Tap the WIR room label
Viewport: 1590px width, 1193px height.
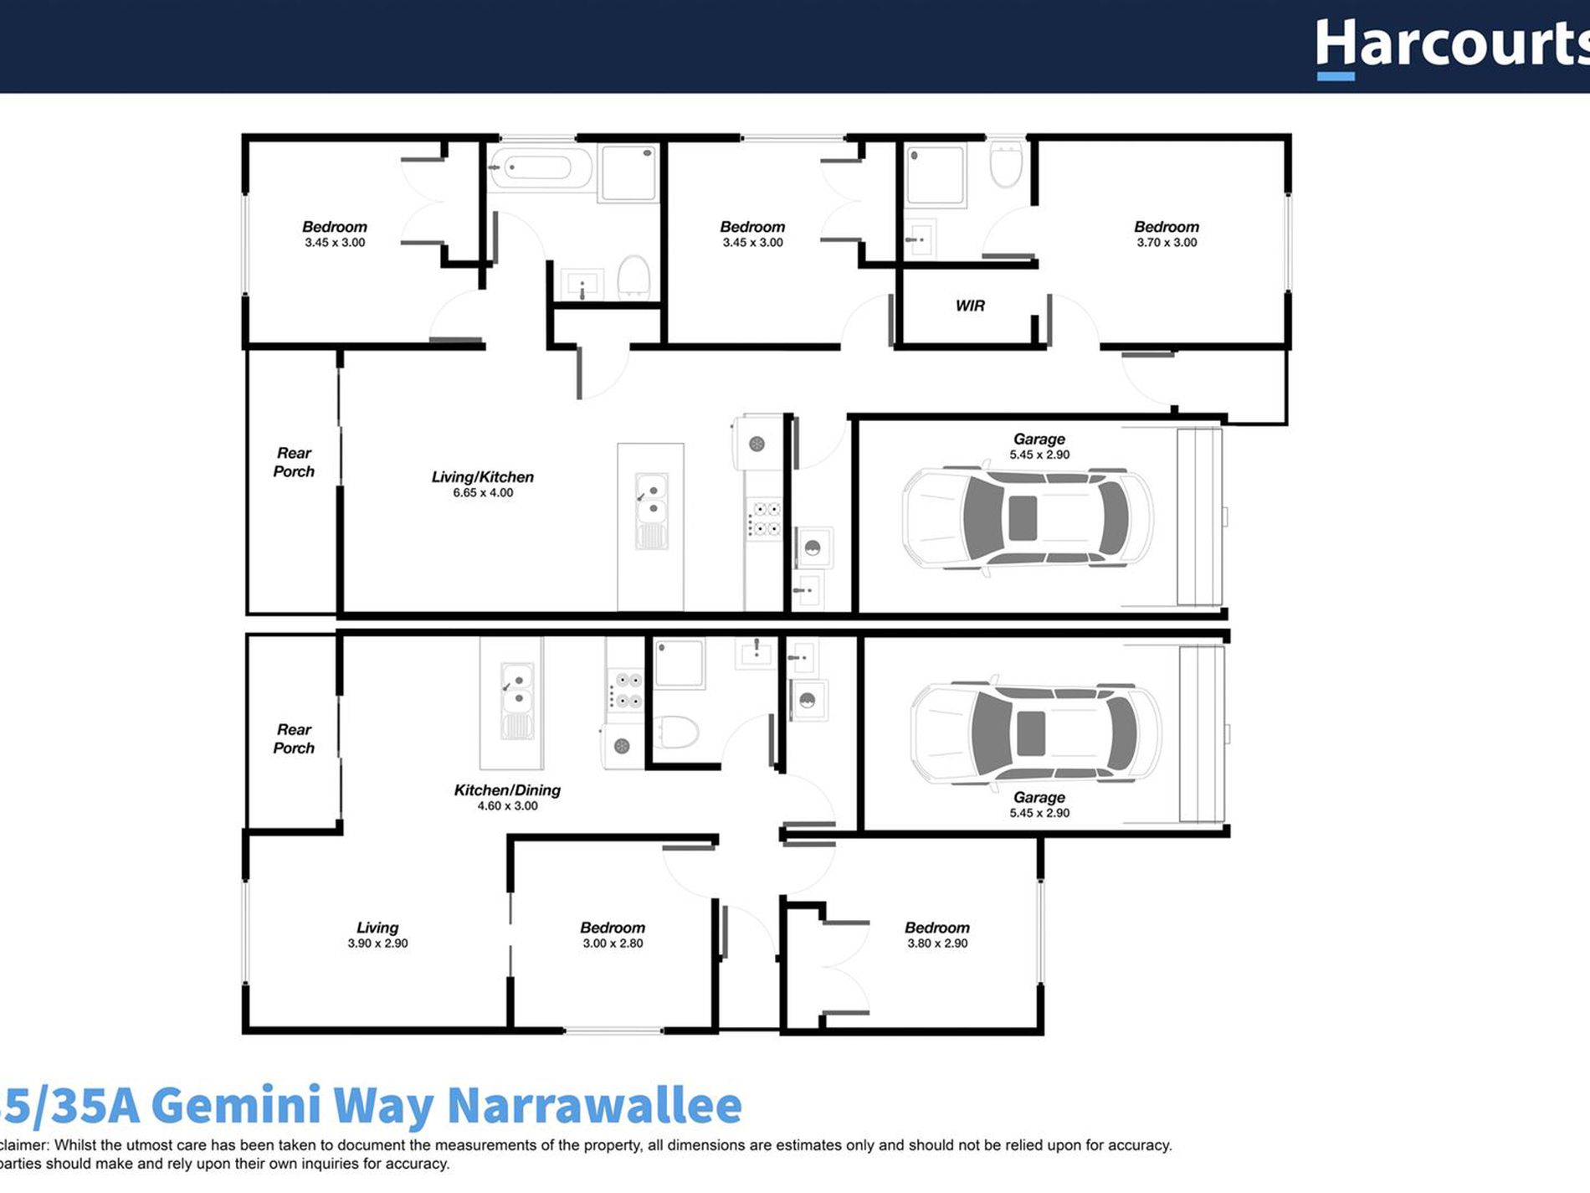pyautogui.click(x=970, y=306)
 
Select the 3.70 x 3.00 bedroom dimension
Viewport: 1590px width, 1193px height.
pyautogui.click(x=1167, y=243)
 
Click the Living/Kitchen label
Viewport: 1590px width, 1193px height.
pyautogui.click(x=482, y=476)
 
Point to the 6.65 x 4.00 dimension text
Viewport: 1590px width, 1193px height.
pyautogui.click(x=483, y=493)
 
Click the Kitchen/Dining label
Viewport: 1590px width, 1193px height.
pyautogui.click(x=507, y=789)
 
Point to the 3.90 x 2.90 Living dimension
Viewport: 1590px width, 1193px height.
pyautogui.click(x=377, y=944)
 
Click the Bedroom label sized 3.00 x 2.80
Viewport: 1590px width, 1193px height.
pyautogui.click(x=613, y=928)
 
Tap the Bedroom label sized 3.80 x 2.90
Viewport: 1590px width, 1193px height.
pyautogui.click(x=936, y=928)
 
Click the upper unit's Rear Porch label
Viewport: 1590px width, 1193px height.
pyautogui.click(x=294, y=462)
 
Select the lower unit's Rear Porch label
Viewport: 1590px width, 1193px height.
pyautogui.click(x=294, y=738)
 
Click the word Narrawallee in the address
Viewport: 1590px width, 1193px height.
pyautogui.click(x=594, y=1106)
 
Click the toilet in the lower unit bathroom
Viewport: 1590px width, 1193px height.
pyautogui.click(x=675, y=731)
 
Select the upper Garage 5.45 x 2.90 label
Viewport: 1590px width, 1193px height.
pyautogui.click(x=1039, y=446)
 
